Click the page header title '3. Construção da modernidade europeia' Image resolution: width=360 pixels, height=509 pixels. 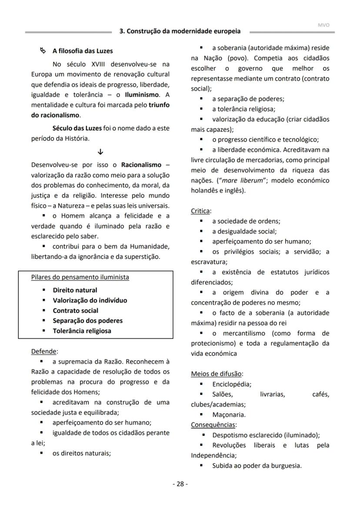tap(180, 31)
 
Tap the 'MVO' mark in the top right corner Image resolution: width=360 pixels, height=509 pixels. tap(323, 25)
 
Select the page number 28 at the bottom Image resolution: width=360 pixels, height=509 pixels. tap(180, 484)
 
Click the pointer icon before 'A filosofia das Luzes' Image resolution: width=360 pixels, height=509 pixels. tap(43, 51)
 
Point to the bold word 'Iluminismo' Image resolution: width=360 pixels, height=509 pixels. tap(141, 94)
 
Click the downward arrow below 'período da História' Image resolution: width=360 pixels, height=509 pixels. tap(100, 152)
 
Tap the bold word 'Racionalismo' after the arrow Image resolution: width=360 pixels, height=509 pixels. tap(141, 165)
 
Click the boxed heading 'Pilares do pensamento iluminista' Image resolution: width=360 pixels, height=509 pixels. tap(80, 277)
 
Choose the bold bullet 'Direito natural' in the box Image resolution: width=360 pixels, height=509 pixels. tap(75, 290)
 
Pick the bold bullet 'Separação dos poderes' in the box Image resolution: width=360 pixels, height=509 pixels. tap(87, 321)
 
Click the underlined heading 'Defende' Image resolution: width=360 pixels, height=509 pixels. tap(44, 351)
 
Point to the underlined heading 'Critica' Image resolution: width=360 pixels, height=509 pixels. tap(200, 211)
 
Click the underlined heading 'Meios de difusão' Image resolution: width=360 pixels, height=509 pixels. tap(217, 374)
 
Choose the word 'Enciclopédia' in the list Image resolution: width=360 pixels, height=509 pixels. tap(231, 384)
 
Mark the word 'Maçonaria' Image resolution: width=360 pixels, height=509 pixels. tap(229, 415)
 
